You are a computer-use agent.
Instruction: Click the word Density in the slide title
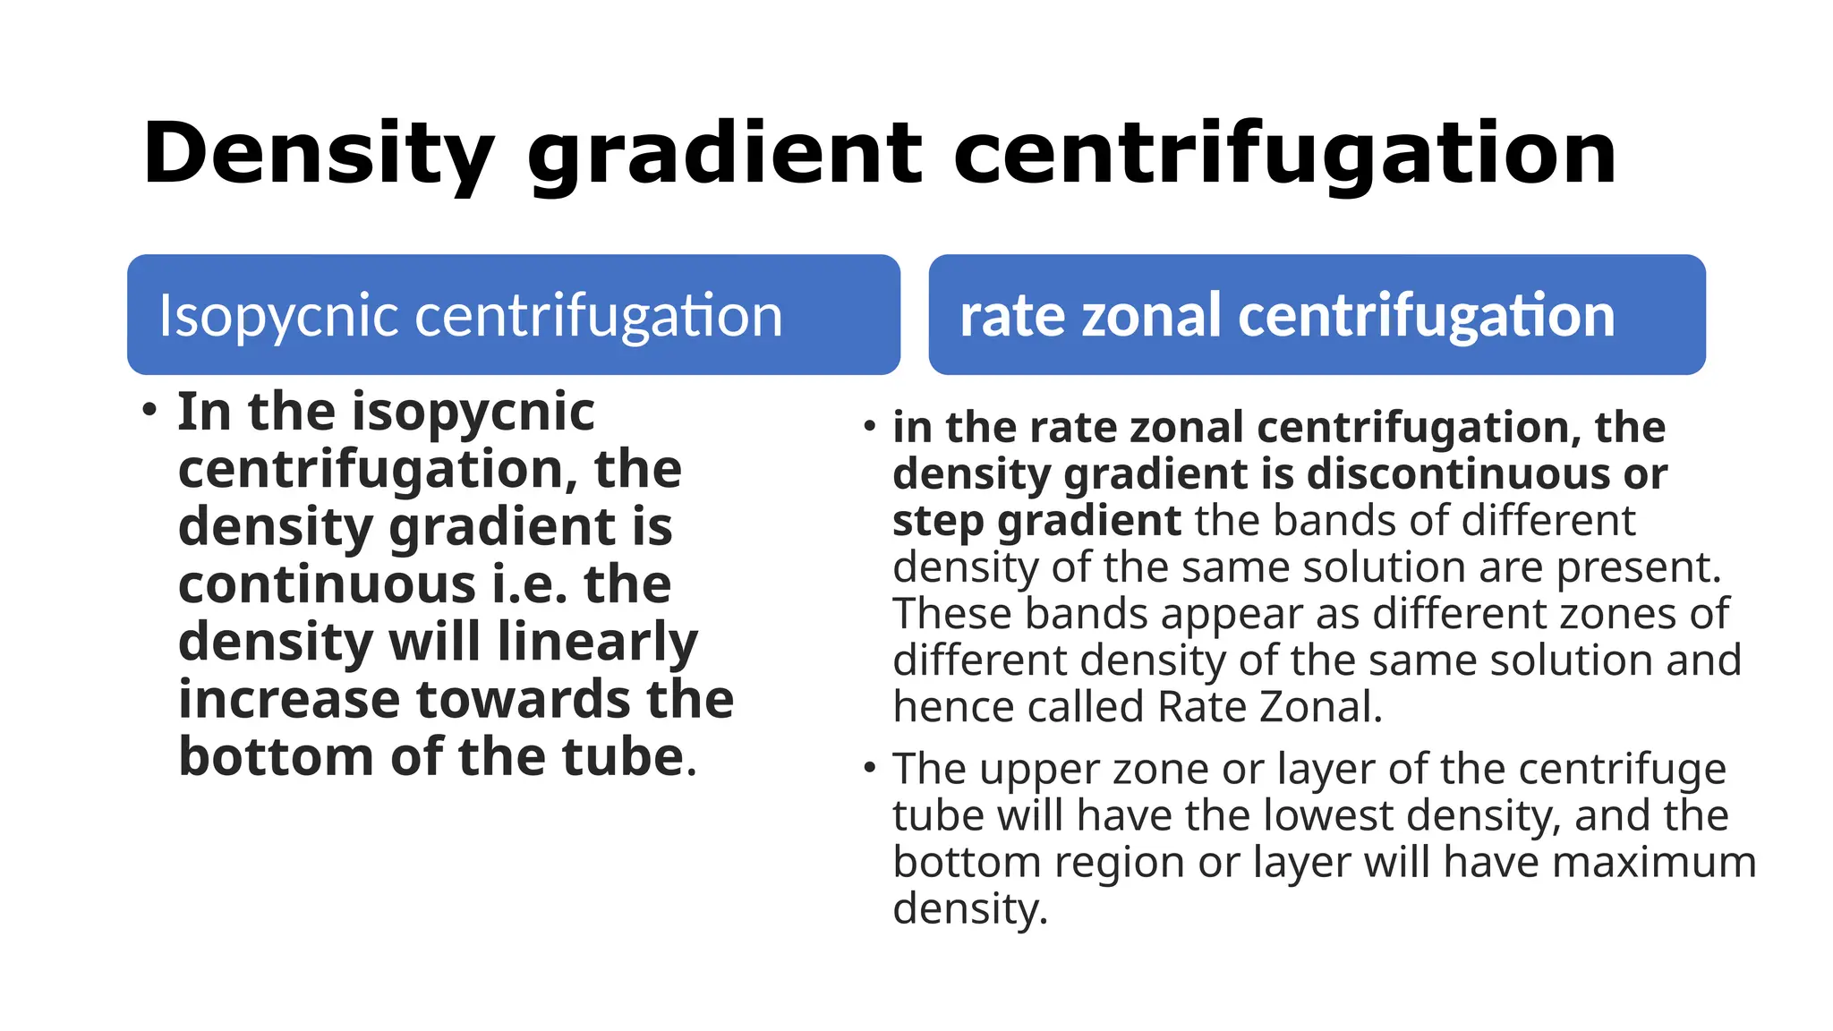[x=318, y=154]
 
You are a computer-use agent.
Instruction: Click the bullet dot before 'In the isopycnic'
[x=149, y=411]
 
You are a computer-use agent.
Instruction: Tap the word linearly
[x=597, y=643]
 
